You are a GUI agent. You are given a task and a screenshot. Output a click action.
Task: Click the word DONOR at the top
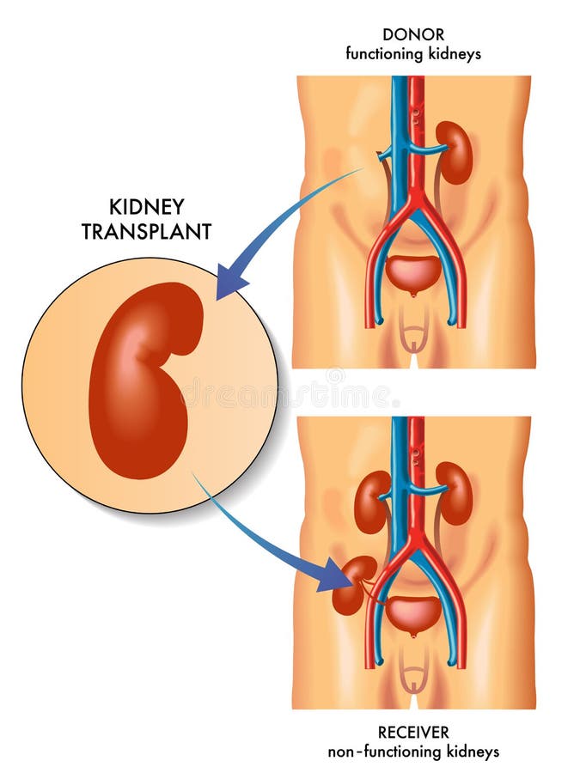coord(413,34)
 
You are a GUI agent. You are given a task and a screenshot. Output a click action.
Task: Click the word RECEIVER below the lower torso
coord(413,732)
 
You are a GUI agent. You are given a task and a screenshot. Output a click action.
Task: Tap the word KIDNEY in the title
coord(146,207)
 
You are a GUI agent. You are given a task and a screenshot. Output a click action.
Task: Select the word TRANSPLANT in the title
coord(146,232)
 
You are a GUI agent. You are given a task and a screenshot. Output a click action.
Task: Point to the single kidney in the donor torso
coord(455,152)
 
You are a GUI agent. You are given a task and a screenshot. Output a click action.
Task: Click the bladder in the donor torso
coord(413,272)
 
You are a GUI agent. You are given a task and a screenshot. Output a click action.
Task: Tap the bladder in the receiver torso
coord(413,615)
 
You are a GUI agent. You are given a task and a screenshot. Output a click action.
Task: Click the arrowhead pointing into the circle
coord(231,282)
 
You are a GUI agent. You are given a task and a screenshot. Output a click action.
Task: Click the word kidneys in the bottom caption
coord(473,752)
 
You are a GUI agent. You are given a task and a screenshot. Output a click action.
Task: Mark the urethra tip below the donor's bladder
coord(413,295)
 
